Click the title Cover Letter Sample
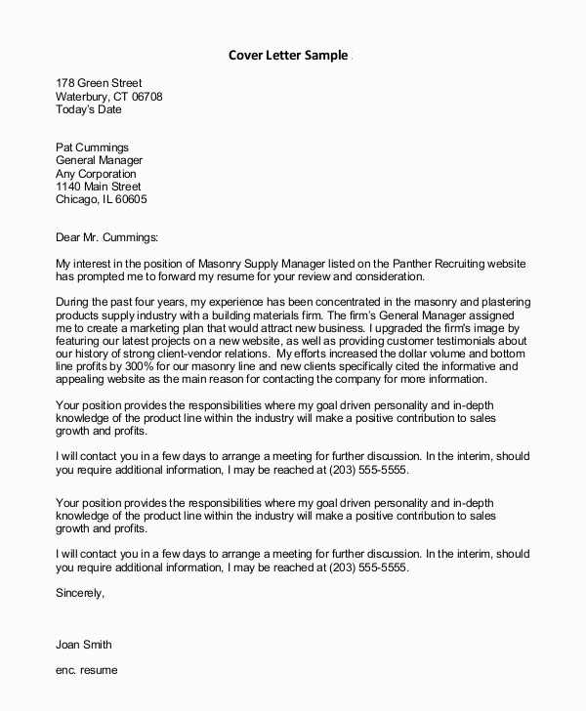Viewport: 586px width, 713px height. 287,55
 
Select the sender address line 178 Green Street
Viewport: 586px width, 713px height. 98,83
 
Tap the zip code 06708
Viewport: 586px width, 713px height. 144,97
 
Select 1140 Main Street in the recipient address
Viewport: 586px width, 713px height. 98,187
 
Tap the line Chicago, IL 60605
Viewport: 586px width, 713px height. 102,199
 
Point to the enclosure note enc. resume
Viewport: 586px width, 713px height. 87,672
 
